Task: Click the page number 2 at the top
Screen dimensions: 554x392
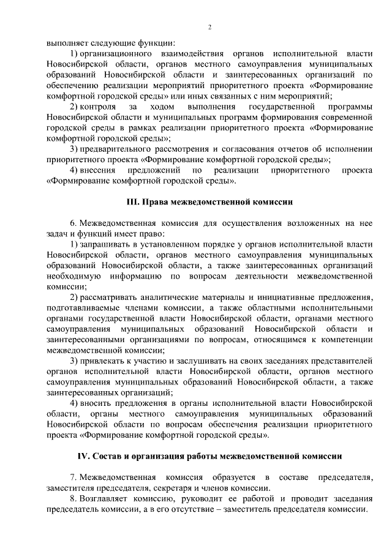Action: point(209,27)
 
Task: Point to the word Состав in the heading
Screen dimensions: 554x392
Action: point(113,456)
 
